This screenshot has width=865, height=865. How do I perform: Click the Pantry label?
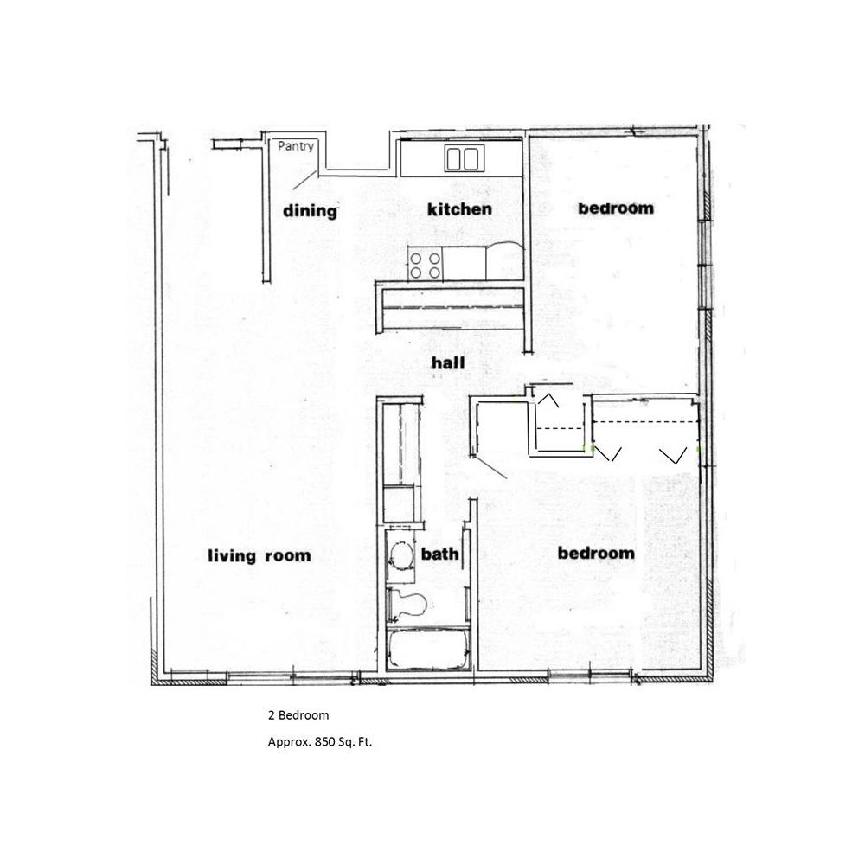(296, 146)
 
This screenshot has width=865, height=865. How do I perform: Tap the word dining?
(309, 210)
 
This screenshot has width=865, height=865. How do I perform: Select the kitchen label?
(459, 209)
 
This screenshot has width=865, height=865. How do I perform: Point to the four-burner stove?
(425, 264)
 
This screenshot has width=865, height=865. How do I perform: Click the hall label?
(448, 363)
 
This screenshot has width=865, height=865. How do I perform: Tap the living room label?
(259, 555)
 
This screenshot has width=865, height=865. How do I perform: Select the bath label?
(439, 554)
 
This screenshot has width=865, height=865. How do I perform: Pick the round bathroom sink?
(400, 556)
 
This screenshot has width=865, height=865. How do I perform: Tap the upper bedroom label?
(615, 208)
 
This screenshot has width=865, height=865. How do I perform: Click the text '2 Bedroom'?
(298, 715)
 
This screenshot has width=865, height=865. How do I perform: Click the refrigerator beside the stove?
(503, 262)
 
